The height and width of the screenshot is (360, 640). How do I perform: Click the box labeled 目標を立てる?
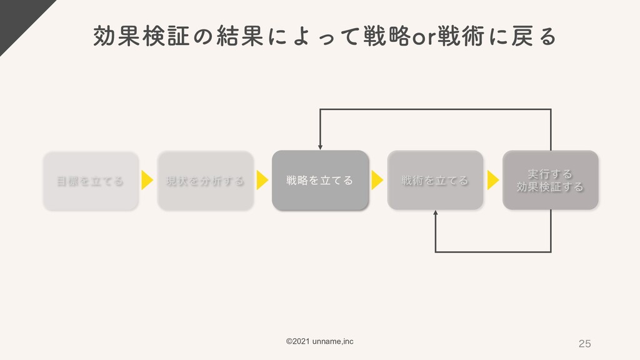pos(91,181)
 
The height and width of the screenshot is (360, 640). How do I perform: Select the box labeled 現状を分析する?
pos(206,181)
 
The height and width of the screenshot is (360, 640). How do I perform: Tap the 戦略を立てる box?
pos(319,181)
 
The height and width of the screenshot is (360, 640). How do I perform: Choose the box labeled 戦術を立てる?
pos(435,181)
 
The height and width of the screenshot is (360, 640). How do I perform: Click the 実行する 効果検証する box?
pos(550,180)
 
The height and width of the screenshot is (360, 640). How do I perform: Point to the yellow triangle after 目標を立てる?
pos(147,181)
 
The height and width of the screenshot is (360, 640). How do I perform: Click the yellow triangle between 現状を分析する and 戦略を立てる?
pos(262,181)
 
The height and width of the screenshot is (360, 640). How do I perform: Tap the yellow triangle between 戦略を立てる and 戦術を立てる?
pos(377,181)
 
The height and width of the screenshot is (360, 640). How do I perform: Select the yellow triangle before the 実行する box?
pos(493,181)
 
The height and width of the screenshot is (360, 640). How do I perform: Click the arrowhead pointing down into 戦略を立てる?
pos(320,147)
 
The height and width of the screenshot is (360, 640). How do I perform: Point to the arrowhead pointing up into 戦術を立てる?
pos(436,213)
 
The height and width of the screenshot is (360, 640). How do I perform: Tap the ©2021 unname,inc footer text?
pos(319,341)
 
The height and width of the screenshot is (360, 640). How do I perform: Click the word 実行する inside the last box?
pos(550,173)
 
